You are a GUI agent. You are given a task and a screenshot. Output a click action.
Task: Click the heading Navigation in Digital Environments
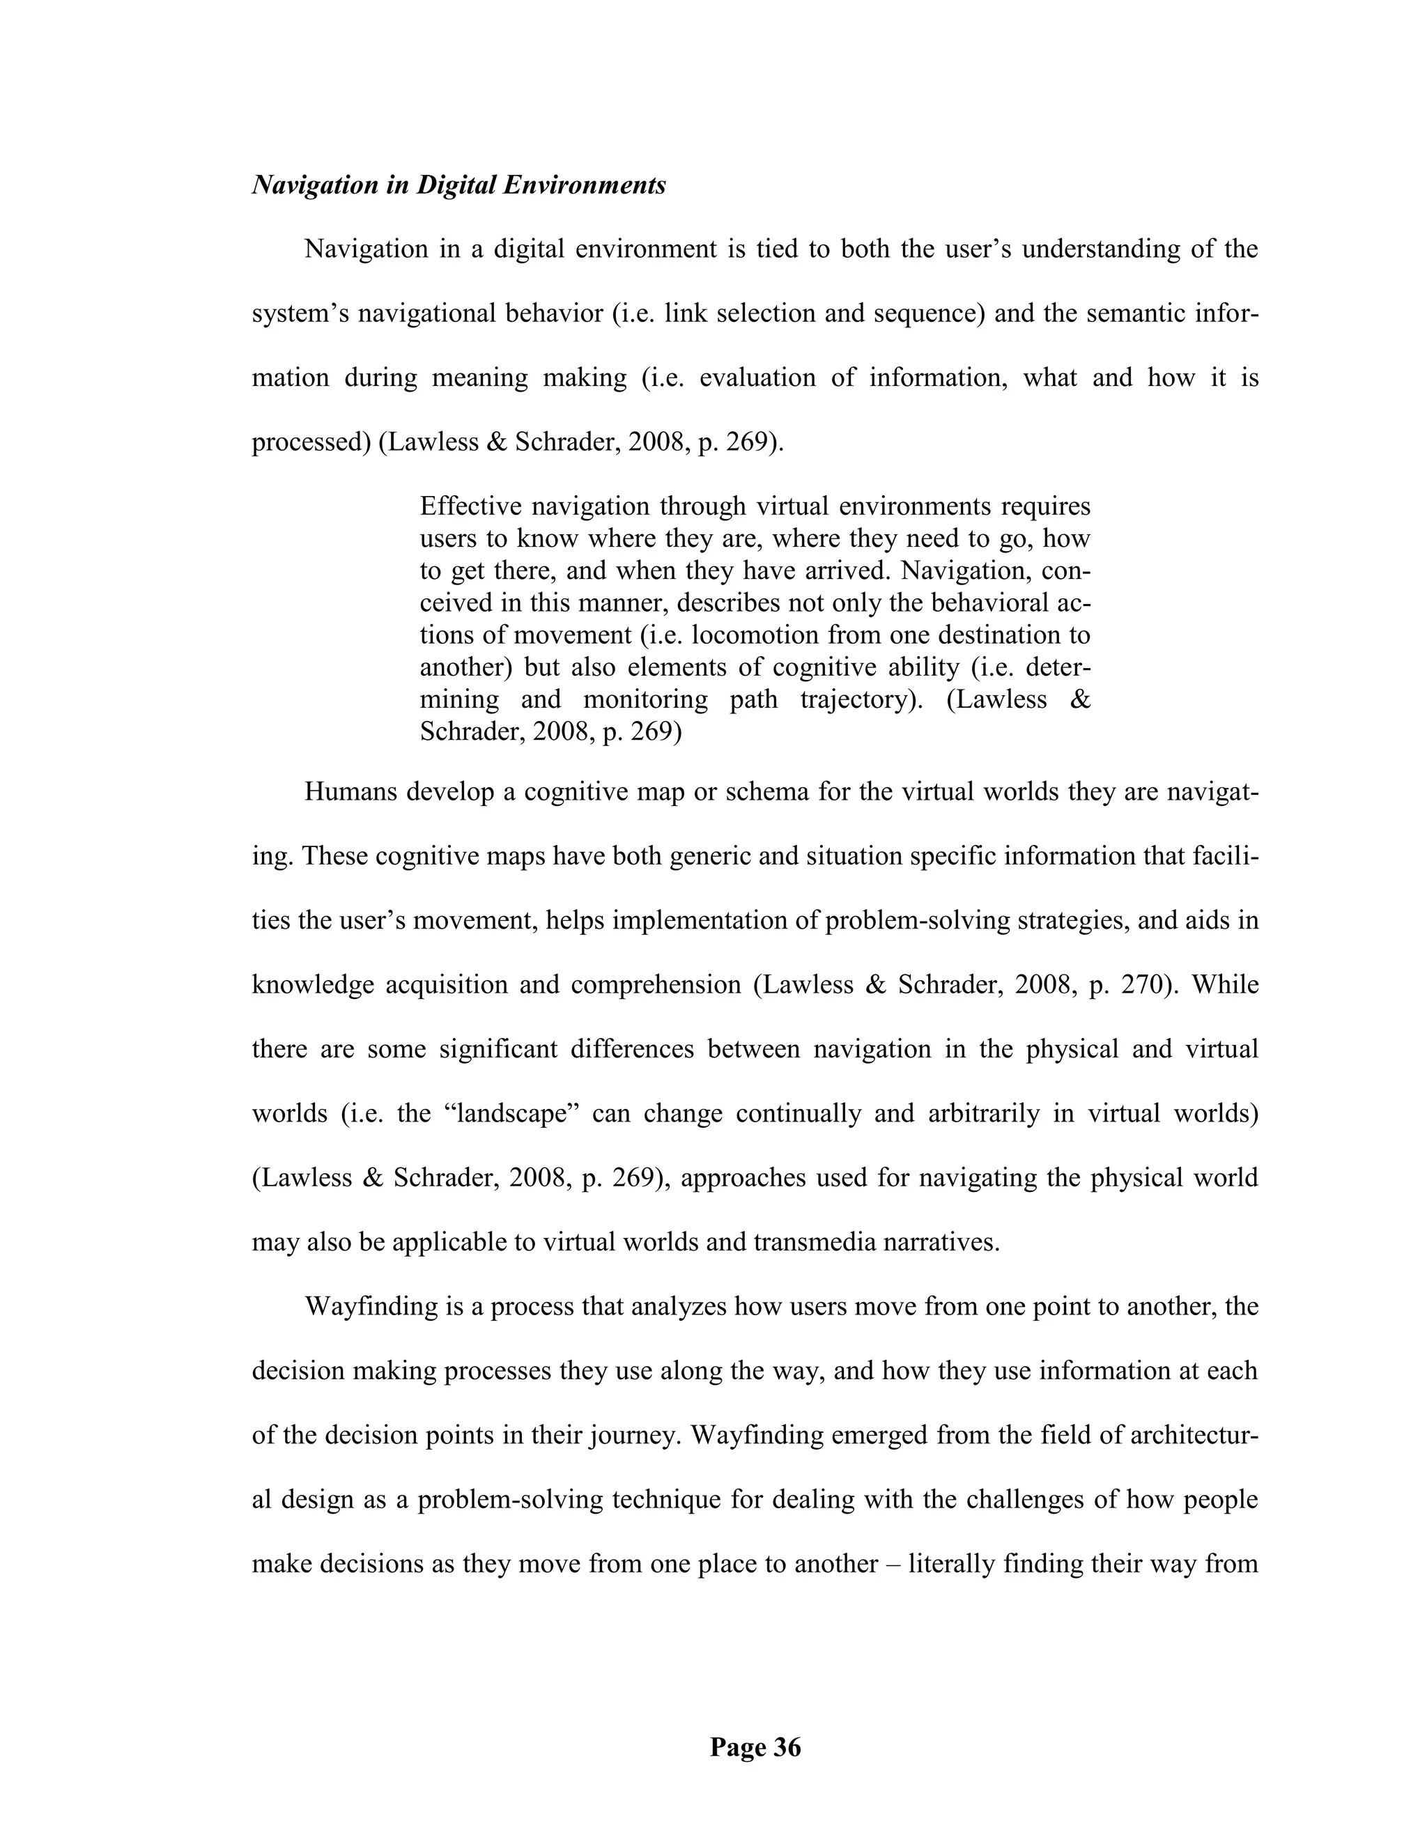tap(459, 185)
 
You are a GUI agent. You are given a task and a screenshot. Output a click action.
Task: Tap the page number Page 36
tap(755, 1747)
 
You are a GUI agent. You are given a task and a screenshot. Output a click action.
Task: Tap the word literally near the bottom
tap(950, 1564)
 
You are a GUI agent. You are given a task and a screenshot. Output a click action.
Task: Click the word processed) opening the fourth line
tap(312, 442)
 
